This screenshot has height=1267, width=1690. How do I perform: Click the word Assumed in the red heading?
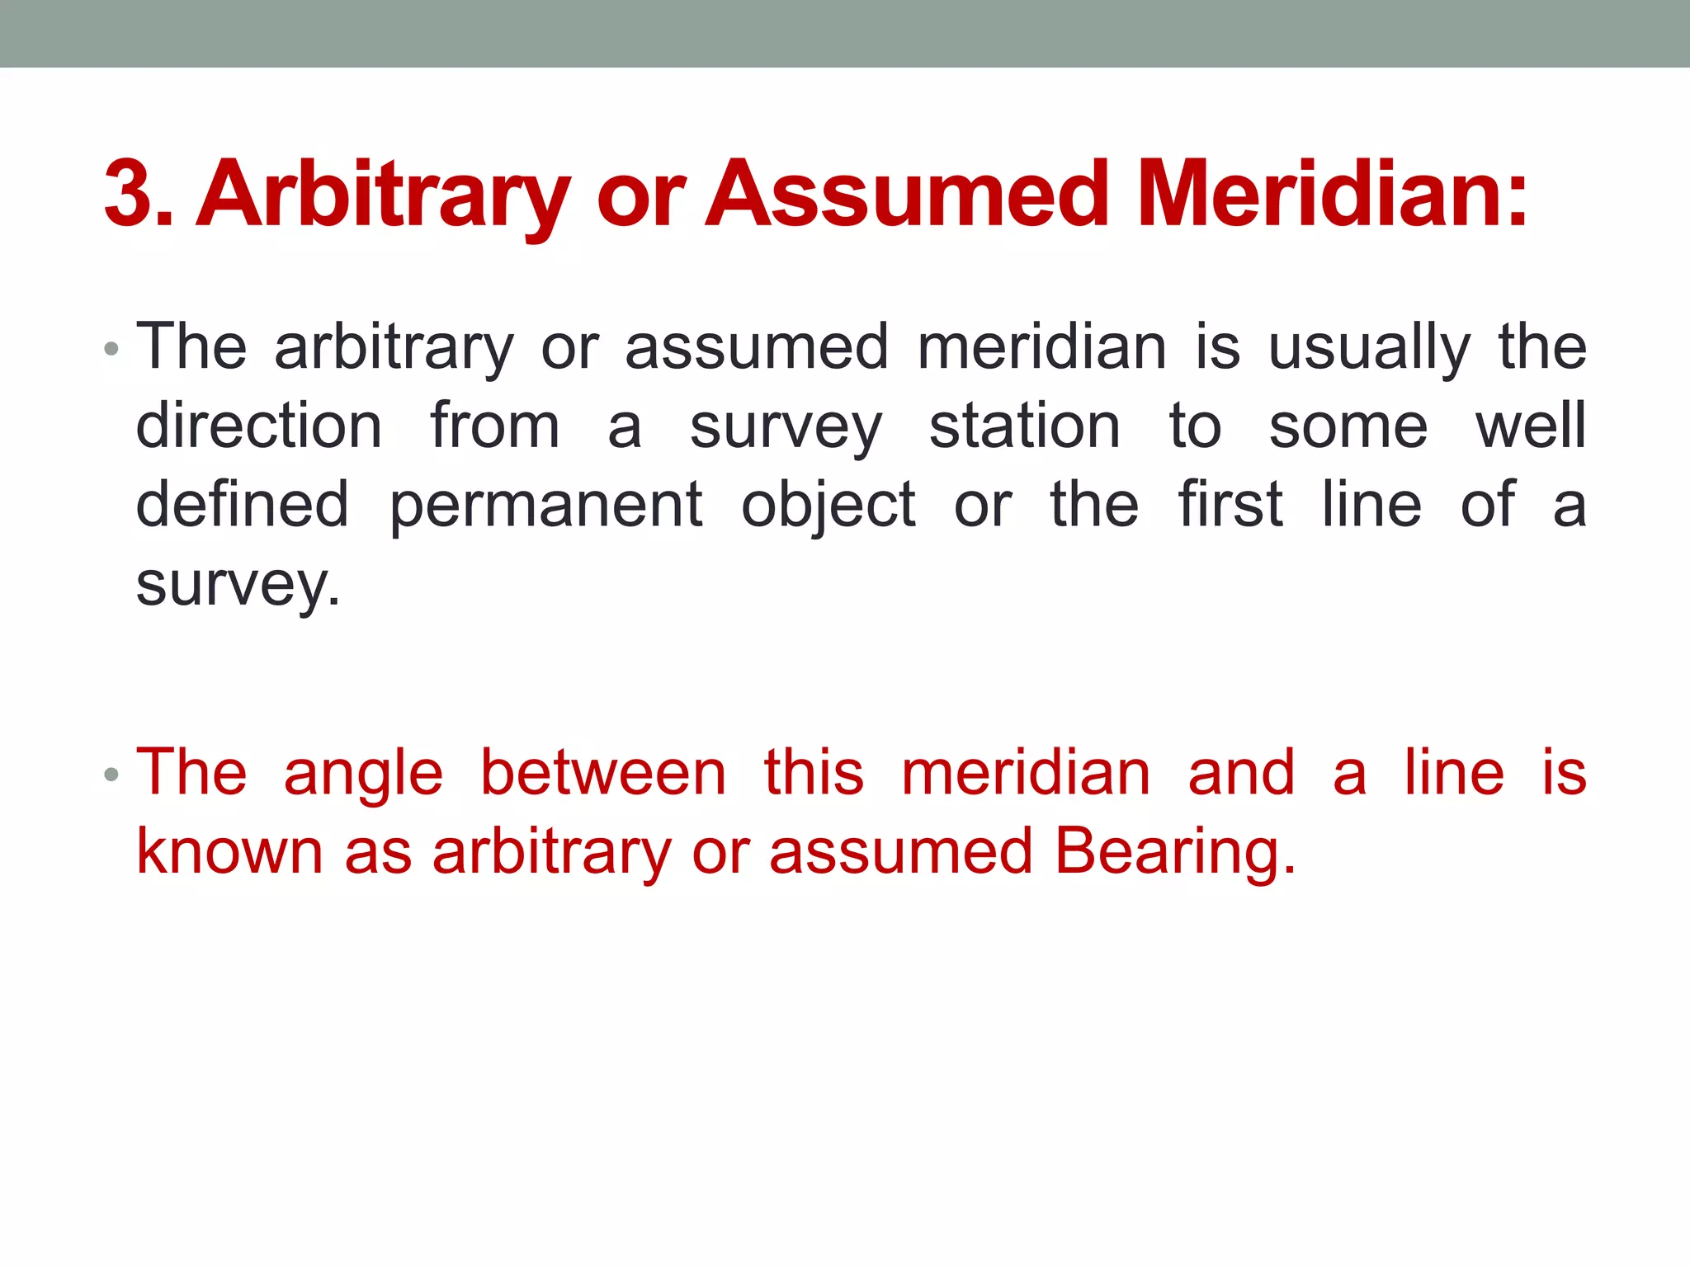click(907, 195)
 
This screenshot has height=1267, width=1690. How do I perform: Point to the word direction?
click(258, 426)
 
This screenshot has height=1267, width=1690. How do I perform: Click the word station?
click(1024, 426)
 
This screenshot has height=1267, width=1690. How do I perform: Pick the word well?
click(1531, 426)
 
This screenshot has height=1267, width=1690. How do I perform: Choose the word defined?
click(242, 505)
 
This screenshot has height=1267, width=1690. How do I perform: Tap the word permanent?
click(545, 505)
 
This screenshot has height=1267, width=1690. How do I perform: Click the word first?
click(1230, 505)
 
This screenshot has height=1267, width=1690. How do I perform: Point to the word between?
click(602, 773)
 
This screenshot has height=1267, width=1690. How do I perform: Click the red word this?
click(814, 773)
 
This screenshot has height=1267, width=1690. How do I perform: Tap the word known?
click(229, 852)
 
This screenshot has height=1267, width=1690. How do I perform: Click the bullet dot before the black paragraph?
click(111, 349)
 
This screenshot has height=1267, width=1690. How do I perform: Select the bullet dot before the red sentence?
click(111, 775)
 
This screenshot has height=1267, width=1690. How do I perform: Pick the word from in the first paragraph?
click(494, 426)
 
